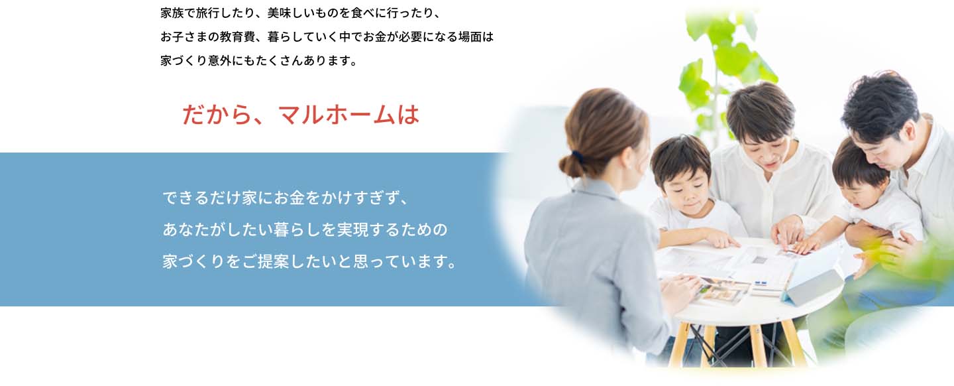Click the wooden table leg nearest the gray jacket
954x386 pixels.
679,345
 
